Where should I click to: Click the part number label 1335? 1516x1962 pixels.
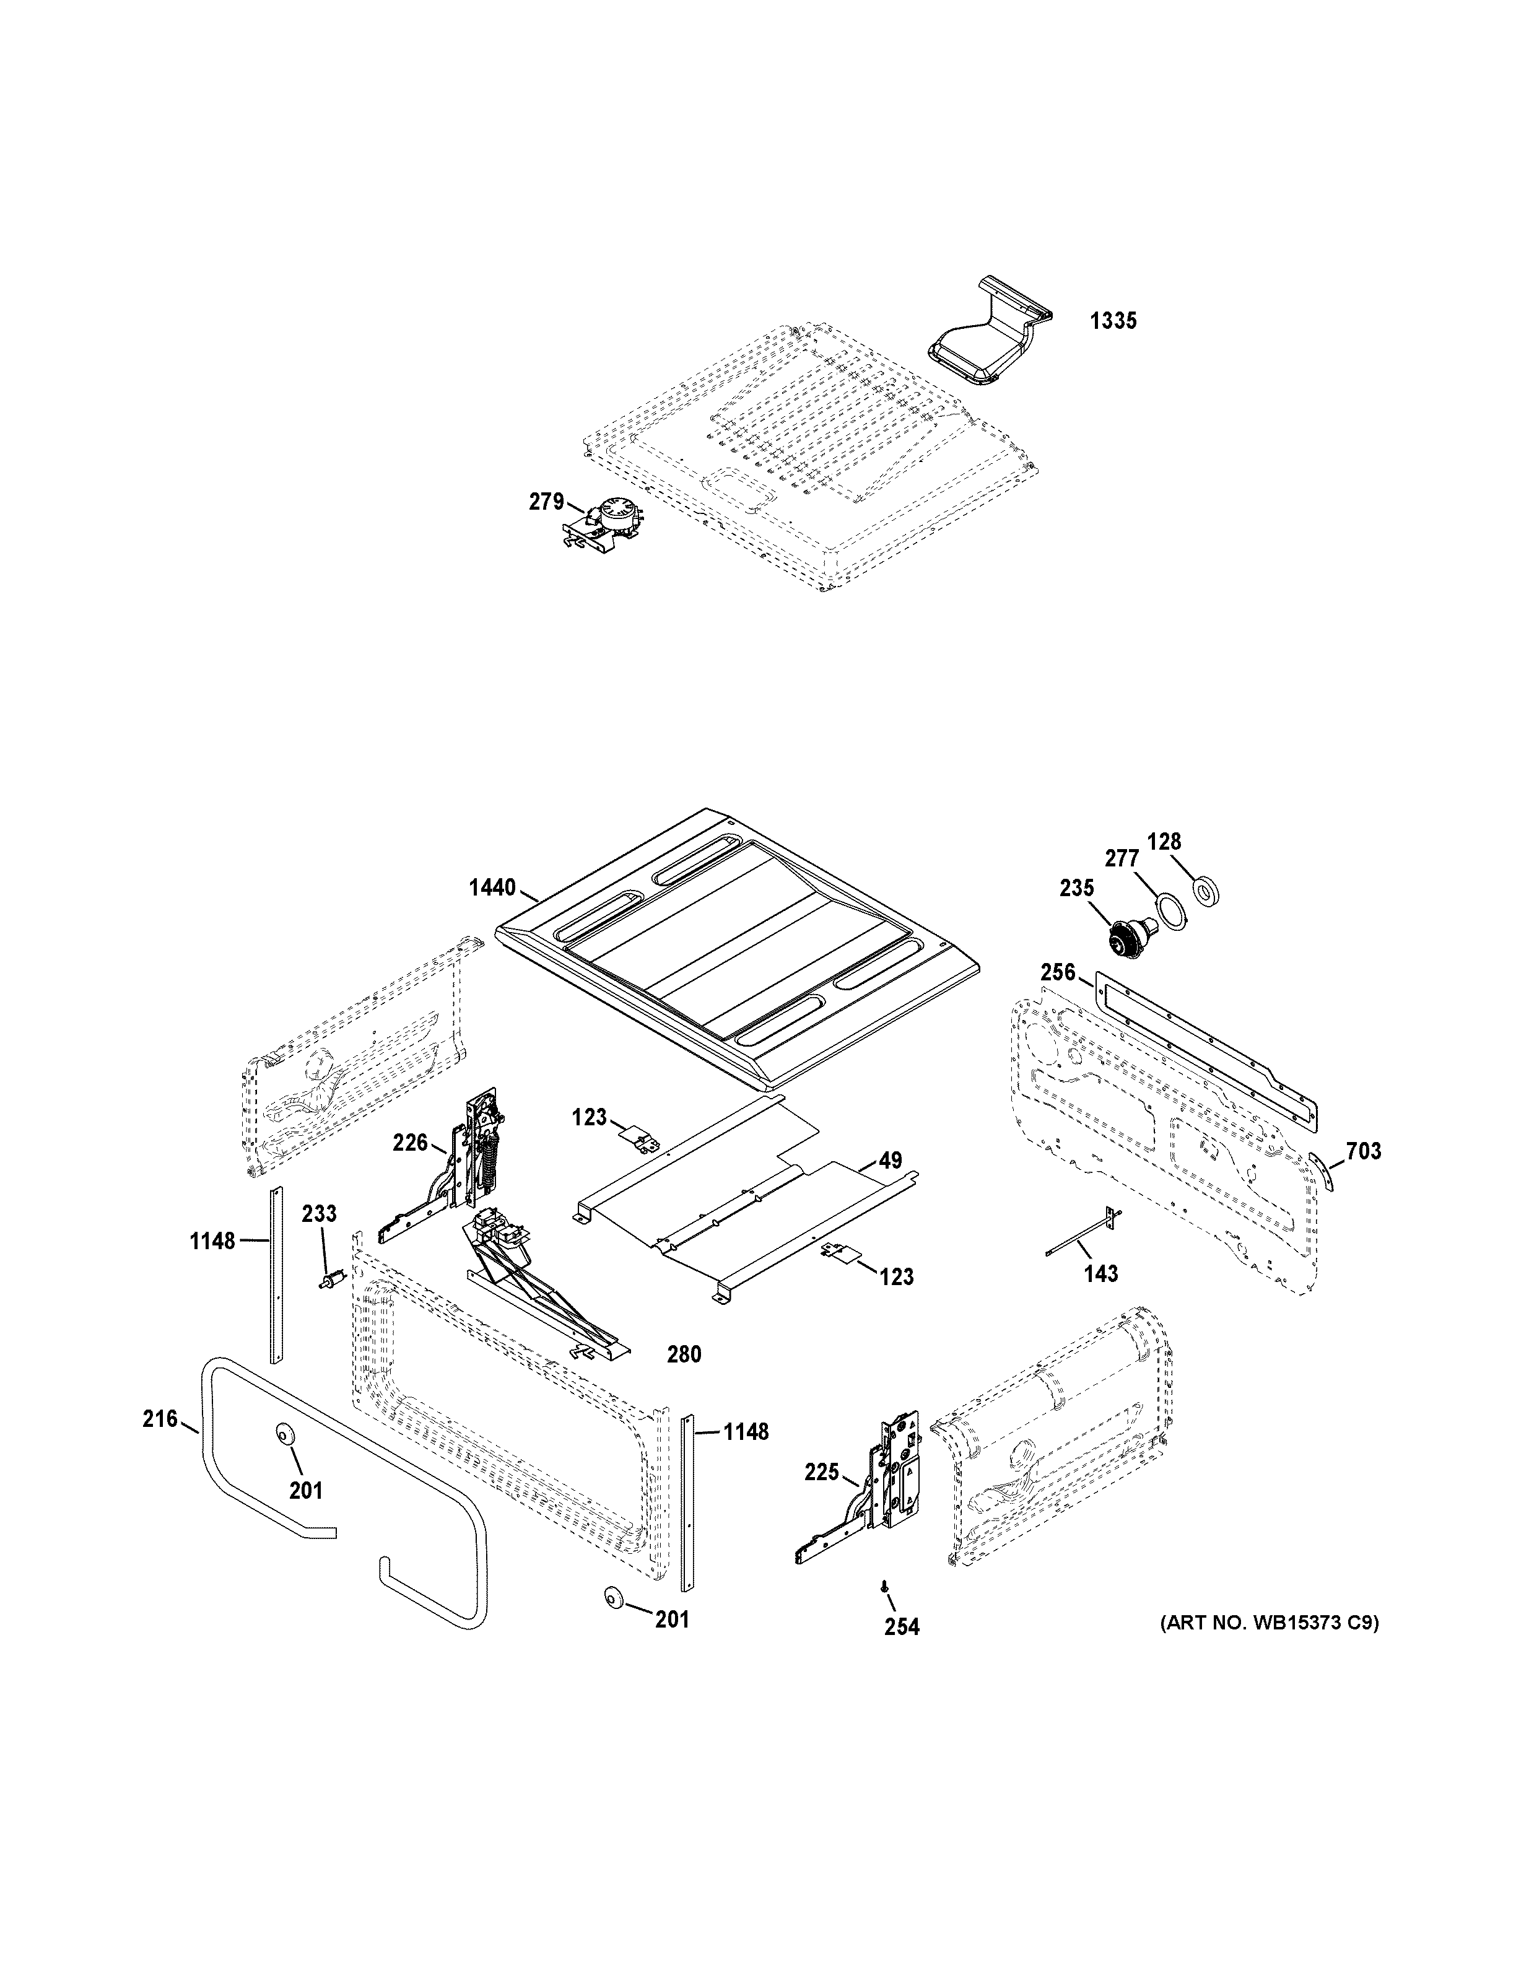1113,321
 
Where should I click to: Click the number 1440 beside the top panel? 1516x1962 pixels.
492,889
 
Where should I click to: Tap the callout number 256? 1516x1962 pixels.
1058,972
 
